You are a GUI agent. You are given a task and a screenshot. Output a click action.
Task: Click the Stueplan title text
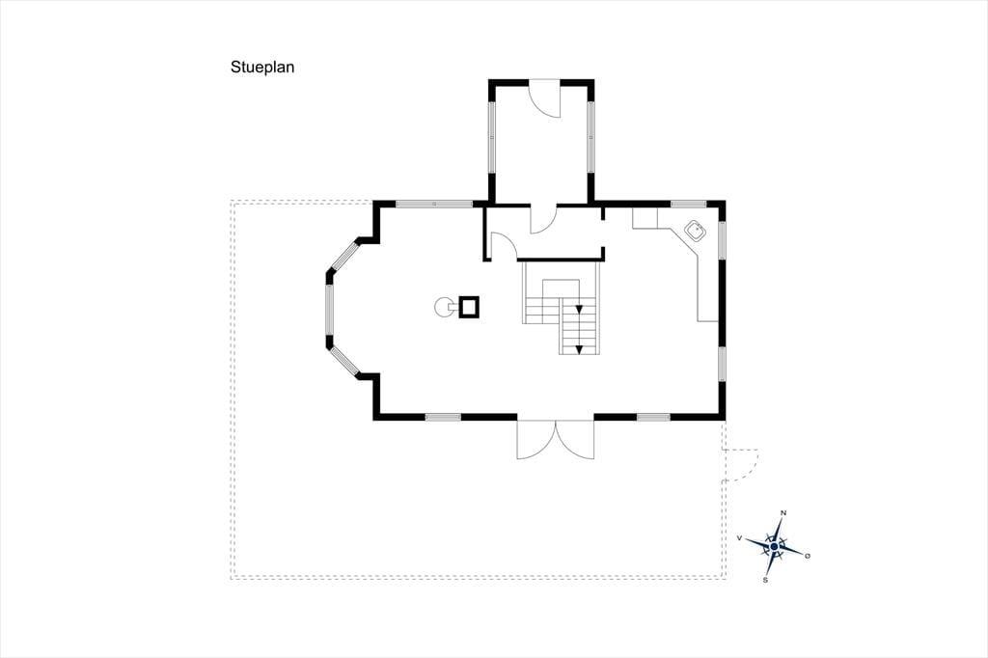(262, 68)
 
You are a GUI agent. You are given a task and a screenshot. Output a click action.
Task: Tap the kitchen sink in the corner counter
(696, 231)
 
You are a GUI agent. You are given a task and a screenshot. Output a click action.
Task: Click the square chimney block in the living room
(470, 307)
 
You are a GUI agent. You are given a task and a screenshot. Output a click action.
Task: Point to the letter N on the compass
(783, 513)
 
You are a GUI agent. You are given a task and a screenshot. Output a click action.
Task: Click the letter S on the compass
(765, 580)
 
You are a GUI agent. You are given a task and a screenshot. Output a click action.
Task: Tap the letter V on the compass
(739, 538)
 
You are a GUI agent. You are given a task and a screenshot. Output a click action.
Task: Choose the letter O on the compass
(808, 556)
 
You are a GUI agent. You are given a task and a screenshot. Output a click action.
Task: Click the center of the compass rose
(774, 546)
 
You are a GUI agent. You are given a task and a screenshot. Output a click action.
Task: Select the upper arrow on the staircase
(579, 309)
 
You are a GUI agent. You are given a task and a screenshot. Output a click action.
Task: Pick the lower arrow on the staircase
(579, 348)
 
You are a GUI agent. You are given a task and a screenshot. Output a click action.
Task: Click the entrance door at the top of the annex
(544, 98)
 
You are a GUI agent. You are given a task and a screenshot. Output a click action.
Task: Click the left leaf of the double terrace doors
(535, 439)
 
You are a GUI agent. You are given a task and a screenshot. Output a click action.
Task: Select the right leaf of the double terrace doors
(575, 439)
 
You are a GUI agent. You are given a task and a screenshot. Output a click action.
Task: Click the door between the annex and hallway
(542, 219)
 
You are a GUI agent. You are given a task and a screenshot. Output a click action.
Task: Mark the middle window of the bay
(329, 310)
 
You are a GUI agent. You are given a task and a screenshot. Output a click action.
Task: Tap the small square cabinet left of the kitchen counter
(645, 217)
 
